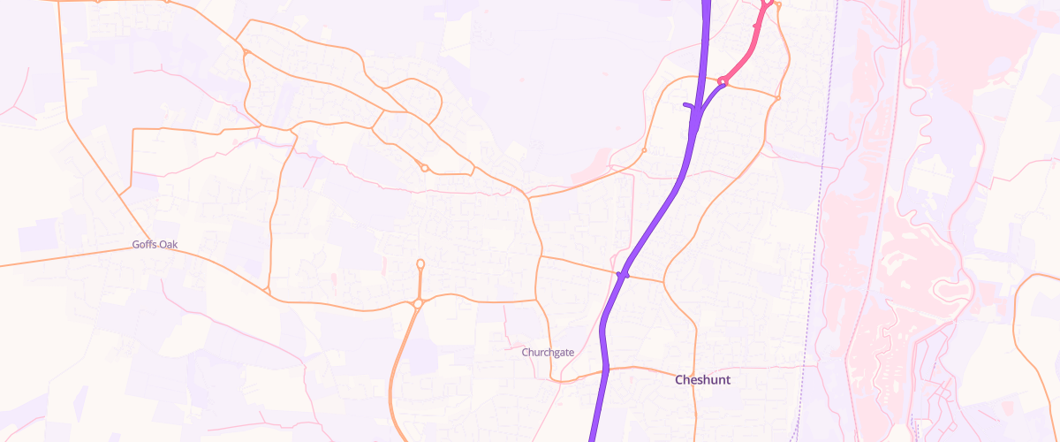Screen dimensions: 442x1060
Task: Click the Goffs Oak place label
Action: pos(155,244)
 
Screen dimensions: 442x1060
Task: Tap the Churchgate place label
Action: pos(548,352)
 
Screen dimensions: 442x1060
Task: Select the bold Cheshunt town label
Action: pos(702,380)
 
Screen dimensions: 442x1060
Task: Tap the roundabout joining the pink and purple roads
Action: pos(723,81)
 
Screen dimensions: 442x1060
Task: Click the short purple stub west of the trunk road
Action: pos(689,106)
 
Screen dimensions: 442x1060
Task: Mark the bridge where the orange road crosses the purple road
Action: pos(623,275)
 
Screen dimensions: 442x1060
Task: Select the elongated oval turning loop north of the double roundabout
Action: pos(420,263)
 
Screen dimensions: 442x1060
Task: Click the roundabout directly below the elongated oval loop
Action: pos(417,303)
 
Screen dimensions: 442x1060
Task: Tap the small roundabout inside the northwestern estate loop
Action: pos(425,168)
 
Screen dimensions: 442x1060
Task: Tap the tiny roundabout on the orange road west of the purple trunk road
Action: pos(644,150)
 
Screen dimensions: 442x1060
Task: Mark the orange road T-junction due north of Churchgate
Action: pos(539,256)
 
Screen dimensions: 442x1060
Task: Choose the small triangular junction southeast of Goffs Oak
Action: pos(266,289)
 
